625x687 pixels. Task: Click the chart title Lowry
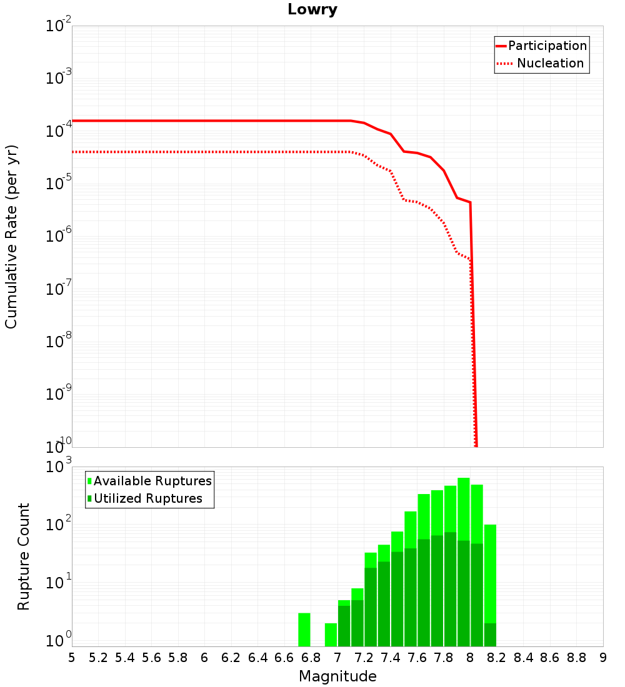click(x=312, y=9)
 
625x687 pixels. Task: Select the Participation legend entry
click(x=541, y=46)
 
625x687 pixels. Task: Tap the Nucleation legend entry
click(x=540, y=63)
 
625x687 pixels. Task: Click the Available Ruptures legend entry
click(x=149, y=481)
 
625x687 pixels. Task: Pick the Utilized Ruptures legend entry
click(x=145, y=498)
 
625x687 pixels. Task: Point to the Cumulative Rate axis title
click(x=11, y=237)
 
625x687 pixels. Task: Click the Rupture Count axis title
click(x=22, y=556)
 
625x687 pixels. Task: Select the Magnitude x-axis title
click(x=337, y=676)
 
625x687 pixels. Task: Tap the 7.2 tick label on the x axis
click(x=364, y=658)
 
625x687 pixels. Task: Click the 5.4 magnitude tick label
click(x=124, y=658)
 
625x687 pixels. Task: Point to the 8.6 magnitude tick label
click(x=549, y=658)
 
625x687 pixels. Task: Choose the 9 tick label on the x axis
click(x=603, y=658)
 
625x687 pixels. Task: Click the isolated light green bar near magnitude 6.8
click(x=304, y=630)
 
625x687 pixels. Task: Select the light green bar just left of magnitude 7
click(x=331, y=635)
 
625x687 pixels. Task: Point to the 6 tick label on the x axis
click(x=204, y=658)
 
